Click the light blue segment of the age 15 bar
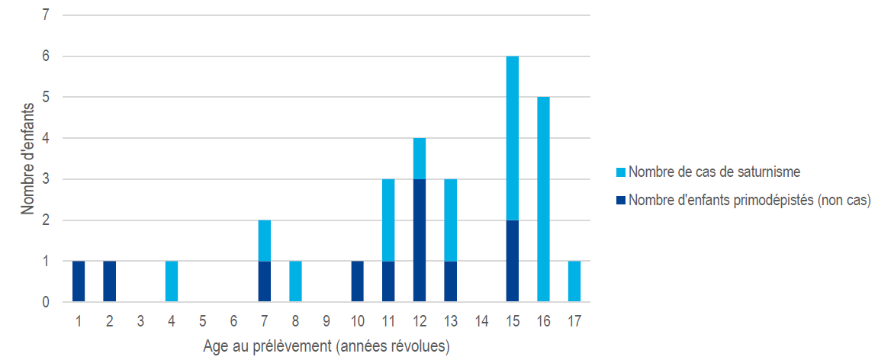coord(513,138)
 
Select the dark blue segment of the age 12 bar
coord(420,240)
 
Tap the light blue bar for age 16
coord(543,200)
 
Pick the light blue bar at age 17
coord(574,281)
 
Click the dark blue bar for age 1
coord(79,281)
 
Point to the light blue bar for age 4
coord(172,281)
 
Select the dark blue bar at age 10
coord(358,281)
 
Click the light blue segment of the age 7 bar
coord(265,240)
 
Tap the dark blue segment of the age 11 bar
coord(389,281)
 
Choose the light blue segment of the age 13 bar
coord(451,220)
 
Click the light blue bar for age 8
coord(296,281)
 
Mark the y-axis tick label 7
coord(46,15)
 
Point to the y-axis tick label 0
coord(46,302)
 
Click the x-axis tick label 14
coord(481,321)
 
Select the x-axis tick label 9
coord(326,321)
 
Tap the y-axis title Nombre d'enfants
coord(27,158)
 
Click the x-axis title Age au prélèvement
coord(326,346)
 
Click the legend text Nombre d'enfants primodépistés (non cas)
coord(749,201)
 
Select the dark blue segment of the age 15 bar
coord(513,261)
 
